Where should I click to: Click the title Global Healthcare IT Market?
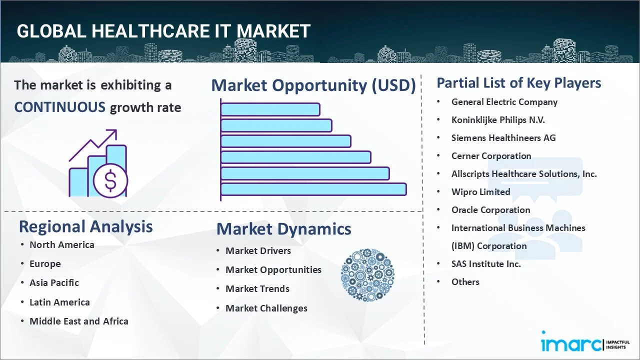point(163,31)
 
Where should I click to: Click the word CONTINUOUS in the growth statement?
point(59,107)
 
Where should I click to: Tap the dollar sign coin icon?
point(110,181)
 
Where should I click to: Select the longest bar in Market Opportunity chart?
point(313,189)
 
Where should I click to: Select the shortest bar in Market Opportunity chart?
point(270,109)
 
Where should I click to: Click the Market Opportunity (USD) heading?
point(313,85)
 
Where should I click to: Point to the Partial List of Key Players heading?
point(518,83)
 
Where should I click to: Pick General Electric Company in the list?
point(504,102)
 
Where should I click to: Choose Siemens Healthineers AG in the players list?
point(503,138)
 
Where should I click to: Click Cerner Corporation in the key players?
point(491,156)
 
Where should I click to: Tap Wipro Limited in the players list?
point(480,192)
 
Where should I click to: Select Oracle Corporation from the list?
point(490,210)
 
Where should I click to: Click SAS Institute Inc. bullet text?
point(485,264)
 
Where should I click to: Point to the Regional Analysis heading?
point(85,226)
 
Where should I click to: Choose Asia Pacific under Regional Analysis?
point(54,283)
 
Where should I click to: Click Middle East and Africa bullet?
point(78,321)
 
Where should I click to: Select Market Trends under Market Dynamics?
point(257,289)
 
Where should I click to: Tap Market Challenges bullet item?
point(266,308)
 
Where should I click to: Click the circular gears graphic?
point(367,275)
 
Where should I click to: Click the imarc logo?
point(571,344)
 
